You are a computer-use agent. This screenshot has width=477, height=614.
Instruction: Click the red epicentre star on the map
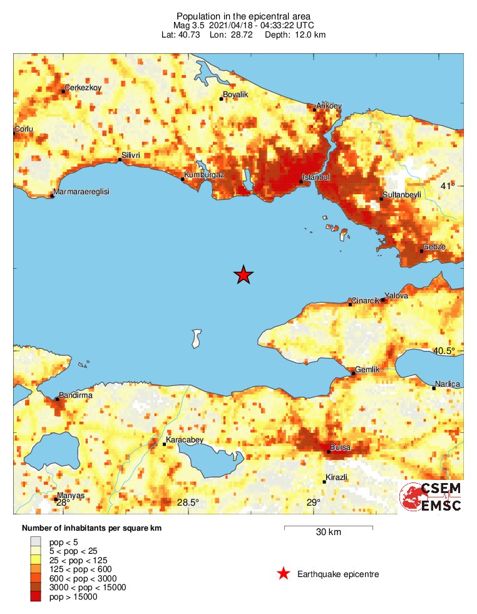pyautogui.click(x=244, y=274)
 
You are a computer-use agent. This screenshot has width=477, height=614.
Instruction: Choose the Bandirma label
pyautogui.click(x=75, y=396)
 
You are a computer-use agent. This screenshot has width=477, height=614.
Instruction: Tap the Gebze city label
pyautogui.click(x=434, y=247)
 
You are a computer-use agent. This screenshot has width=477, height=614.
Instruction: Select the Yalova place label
pyautogui.click(x=396, y=295)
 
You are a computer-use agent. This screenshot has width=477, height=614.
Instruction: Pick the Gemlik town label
pyautogui.click(x=367, y=370)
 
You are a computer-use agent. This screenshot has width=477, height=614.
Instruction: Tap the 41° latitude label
pyautogui.click(x=448, y=186)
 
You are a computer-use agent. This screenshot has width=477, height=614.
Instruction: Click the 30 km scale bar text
pyautogui.click(x=328, y=533)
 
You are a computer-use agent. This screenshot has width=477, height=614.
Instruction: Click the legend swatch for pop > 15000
pyautogui.click(x=36, y=596)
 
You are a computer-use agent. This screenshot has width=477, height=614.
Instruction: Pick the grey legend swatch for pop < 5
pyautogui.click(x=36, y=541)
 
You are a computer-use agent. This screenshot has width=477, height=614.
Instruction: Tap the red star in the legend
pyautogui.click(x=284, y=573)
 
